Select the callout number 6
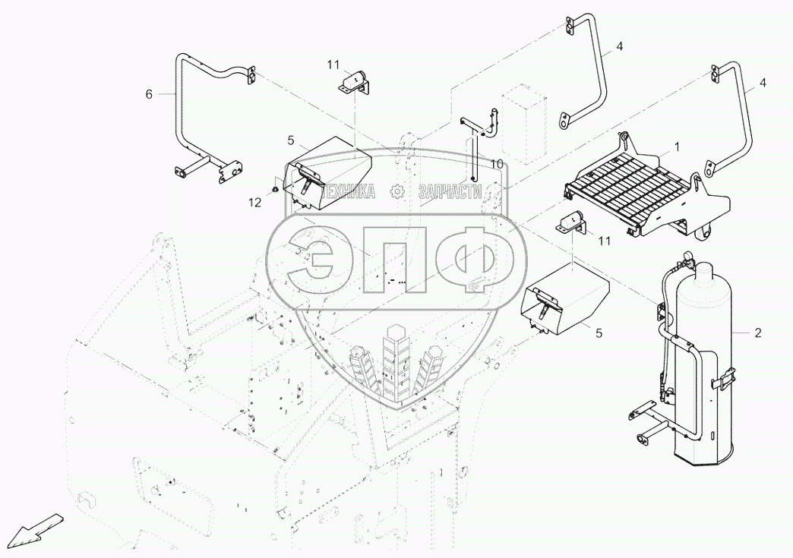[x=149, y=94]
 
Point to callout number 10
[x=496, y=164]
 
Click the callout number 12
[x=255, y=202]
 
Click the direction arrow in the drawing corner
[x=40, y=527]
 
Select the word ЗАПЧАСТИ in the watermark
[x=450, y=193]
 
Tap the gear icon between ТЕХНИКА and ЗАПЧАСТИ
[x=396, y=193]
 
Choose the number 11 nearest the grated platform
[x=604, y=241]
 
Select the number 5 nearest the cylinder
[x=599, y=332]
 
